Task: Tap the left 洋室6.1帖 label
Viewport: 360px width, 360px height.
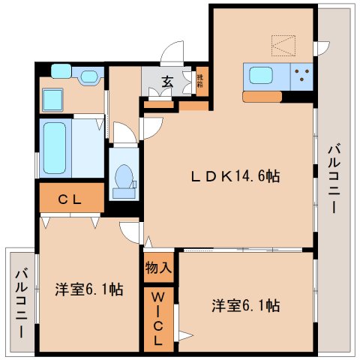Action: (x=89, y=289)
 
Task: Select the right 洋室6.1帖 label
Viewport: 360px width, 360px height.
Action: (x=245, y=305)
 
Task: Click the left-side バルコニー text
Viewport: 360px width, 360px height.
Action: (x=21, y=301)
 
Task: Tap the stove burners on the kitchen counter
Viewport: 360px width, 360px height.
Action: (x=303, y=76)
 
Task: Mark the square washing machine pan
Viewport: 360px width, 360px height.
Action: (x=53, y=98)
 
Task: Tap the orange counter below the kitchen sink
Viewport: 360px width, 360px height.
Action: (x=262, y=96)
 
